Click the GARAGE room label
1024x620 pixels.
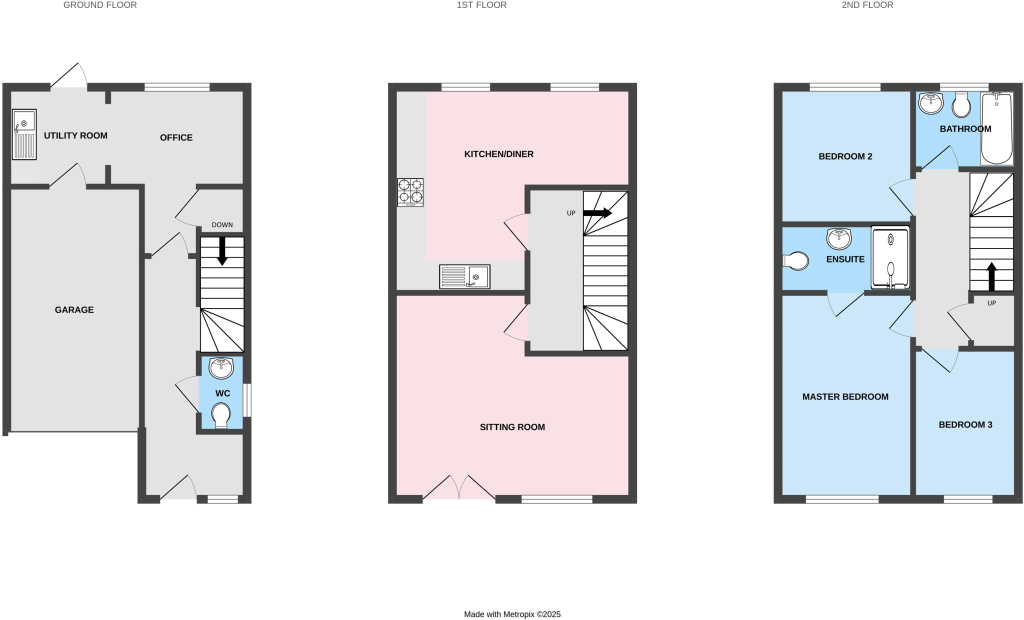74,310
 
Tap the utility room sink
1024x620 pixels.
24,134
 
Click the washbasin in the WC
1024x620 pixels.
221,368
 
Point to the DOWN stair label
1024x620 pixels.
222,225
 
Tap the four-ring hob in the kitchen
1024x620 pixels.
410,192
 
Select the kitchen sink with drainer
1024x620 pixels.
464,276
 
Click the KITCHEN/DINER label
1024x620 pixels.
498,154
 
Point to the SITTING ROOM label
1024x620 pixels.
512,427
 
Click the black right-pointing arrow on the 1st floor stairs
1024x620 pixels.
597,213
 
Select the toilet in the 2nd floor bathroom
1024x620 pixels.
961,105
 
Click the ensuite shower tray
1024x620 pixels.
890,258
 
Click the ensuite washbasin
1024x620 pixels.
839,239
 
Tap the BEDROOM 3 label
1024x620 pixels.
965,425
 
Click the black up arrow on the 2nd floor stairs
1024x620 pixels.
991,276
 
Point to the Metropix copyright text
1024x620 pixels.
512,614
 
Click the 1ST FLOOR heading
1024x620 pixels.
481,5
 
